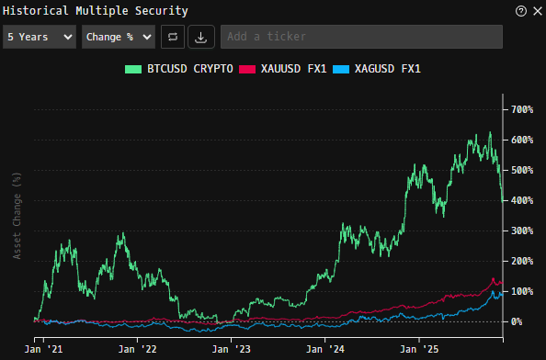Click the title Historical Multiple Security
pyautogui.click(x=96, y=11)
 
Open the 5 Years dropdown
pyautogui.click(x=40, y=37)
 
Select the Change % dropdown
pyautogui.click(x=118, y=37)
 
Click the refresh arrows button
pyautogui.click(x=172, y=37)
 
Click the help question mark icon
pyautogui.click(x=521, y=11)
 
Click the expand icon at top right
pyautogui.click(x=536, y=11)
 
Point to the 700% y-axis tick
pyautogui.click(x=521, y=110)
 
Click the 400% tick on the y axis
pyautogui.click(x=521, y=200)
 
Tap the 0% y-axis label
pyautogui.click(x=517, y=321)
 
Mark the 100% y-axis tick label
pyautogui.click(x=521, y=291)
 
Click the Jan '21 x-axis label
pyautogui.click(x=42, y=350)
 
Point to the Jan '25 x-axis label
pyautogui.click(x=418, y=350)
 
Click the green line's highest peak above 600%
pyautogui.click(x=490, y=132)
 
